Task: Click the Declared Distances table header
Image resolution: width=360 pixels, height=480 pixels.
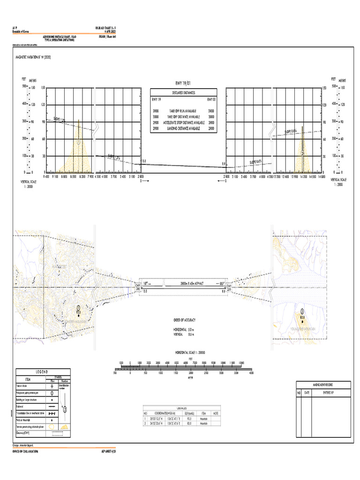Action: pyautogui.click(x=183, y=92)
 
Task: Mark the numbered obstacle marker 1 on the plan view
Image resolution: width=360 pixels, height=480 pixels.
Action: pyautogui.click(x=78, y=308)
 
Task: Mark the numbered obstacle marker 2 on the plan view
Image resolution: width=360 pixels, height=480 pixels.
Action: pyautogui.click(x=302, y=311)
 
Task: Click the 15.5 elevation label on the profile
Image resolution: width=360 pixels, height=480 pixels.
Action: pyautogui.click(x=144, y=161)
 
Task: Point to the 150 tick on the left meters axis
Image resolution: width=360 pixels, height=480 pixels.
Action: pyautogui.click(x=42, y=88)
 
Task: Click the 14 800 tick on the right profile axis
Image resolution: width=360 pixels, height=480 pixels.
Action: pyautogui.click(x=321, y=177)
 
